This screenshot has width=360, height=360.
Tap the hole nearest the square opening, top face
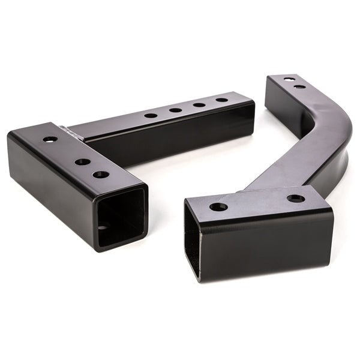click(101, 175)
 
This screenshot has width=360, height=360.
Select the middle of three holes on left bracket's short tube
click(83, 161)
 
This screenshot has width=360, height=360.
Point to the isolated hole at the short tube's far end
click(50, 139)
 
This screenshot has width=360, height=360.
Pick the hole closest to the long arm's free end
click(221, 100)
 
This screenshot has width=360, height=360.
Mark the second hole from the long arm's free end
click(198, 104)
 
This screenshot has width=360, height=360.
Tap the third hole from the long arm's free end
click(175, 110)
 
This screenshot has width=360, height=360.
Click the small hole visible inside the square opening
click(107, 228)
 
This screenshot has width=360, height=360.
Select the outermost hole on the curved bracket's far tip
click(290, 79)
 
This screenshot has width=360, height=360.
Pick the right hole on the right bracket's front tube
click(295, 198)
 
